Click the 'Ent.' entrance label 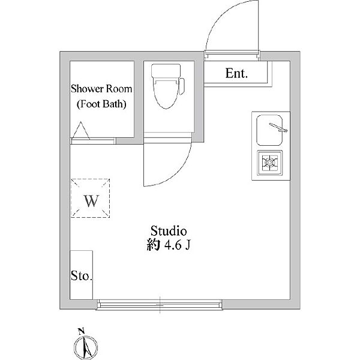(x=236, y=73)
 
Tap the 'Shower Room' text (x=101, y=89)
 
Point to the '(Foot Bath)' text (x=101, y=104)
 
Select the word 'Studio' (x=169, y=231)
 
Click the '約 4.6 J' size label (x=169, y=245)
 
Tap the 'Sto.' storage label (x=82, y=275)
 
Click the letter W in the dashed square (x=91, y=201)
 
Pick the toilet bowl (x=166, y=95)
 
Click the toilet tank (x=166, y=70)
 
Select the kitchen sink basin (x=269, y=130)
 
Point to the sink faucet (x=278, y=128)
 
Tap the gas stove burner (x=270, y=163)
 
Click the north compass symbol (x=86, y=348)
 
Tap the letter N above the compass (x=81, y=331)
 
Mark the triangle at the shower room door (x=81, y=131)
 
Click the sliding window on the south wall (x=160, y=305)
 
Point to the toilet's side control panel (x=182, y=86)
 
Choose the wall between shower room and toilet (x=139, y=101)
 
